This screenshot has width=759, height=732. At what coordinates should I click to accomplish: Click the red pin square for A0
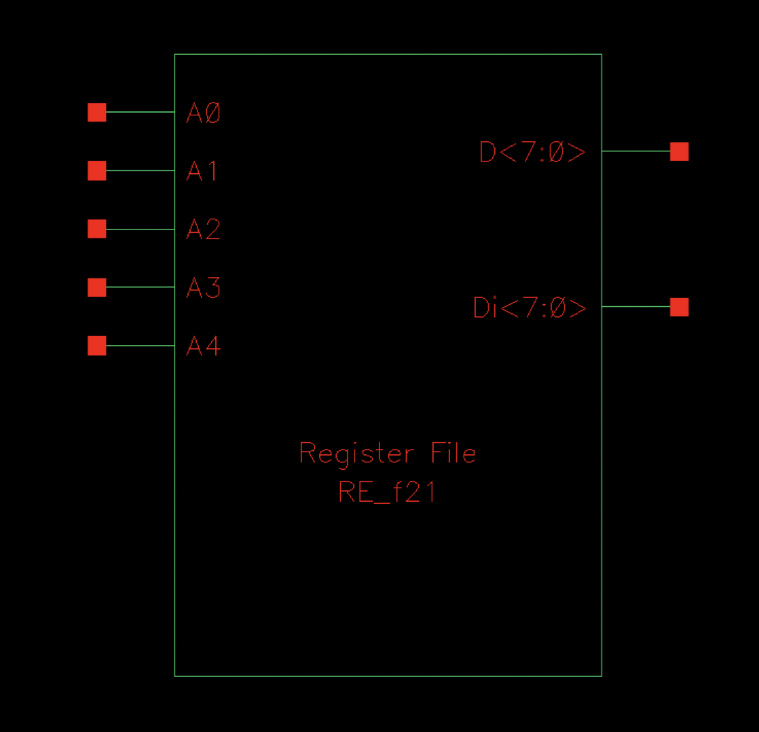click(97, 112)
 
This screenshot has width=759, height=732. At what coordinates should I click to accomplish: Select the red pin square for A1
click(97, 170)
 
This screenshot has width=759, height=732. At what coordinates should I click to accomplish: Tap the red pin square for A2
click(97, 229)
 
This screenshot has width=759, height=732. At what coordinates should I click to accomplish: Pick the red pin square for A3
click(97, 287)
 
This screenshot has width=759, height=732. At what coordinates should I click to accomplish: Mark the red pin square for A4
click(97, 346)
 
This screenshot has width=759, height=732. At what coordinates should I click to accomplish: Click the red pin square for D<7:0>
click(679, 151)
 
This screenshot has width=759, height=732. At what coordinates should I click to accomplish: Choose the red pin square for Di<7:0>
click(679, 307)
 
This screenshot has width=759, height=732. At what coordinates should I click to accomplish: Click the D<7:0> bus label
click(532, 153)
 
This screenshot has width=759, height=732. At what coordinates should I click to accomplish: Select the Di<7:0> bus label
click(530, 308)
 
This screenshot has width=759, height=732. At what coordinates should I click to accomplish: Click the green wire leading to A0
click(141, 112)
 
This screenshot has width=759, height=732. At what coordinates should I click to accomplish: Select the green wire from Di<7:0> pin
click(635, 307)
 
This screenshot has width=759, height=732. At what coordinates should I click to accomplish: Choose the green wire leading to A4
click(141, 346)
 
